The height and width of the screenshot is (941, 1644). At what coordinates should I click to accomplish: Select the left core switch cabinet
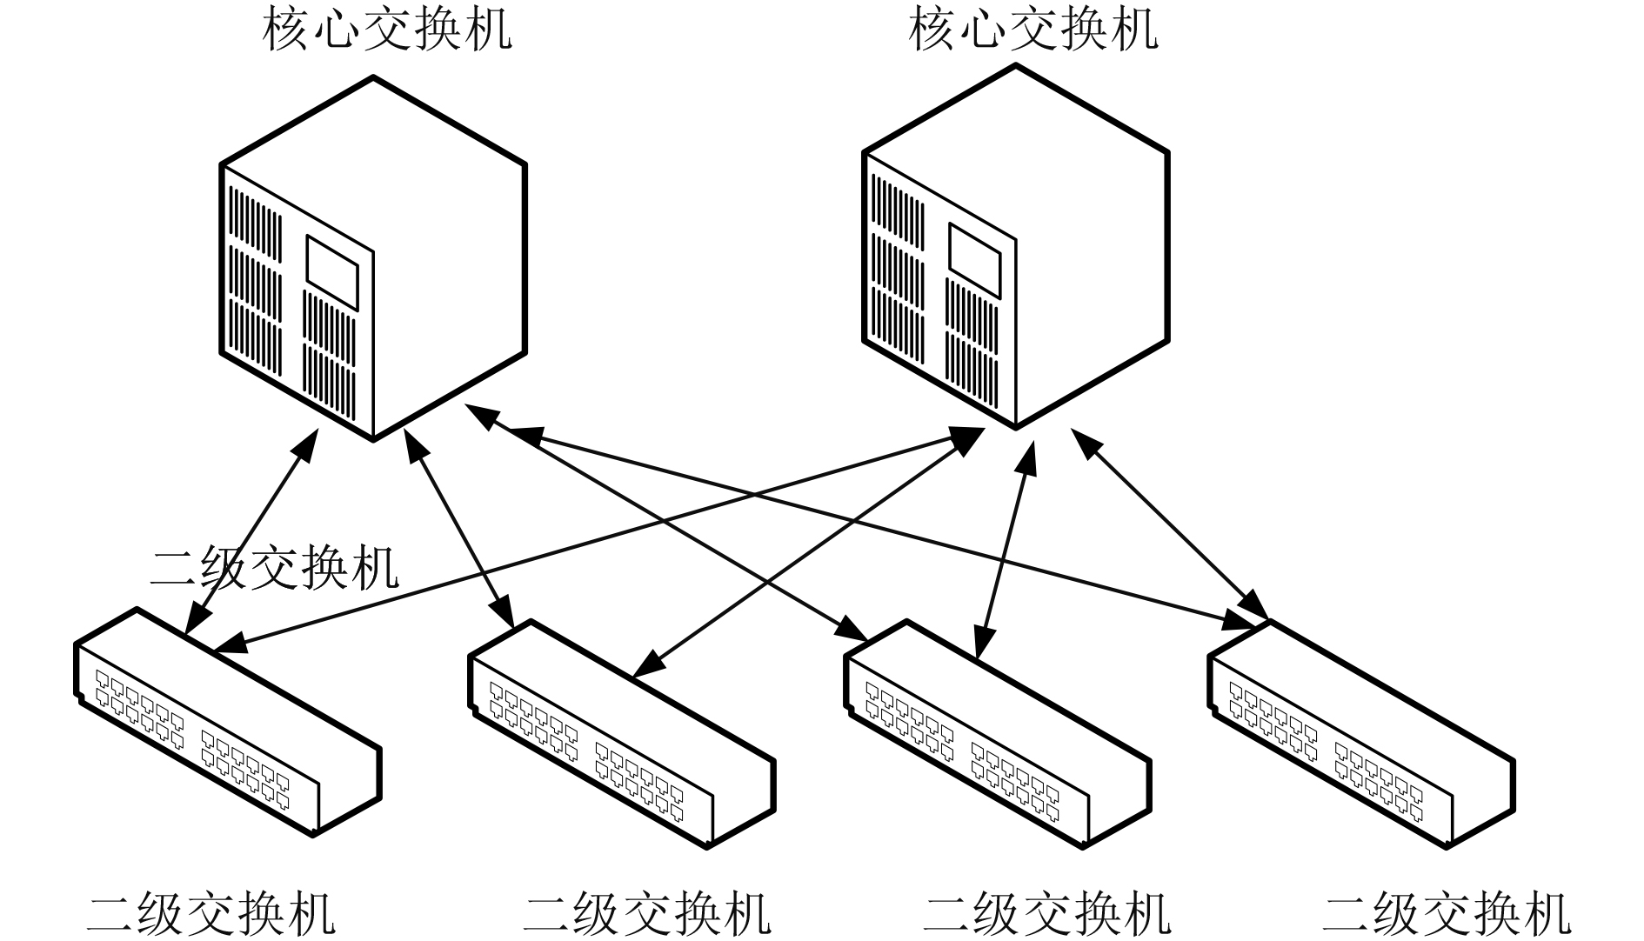[373, 258]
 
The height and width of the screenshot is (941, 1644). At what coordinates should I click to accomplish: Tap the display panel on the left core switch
[332, 271]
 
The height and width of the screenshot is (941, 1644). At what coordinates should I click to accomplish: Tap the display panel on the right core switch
[975, 260]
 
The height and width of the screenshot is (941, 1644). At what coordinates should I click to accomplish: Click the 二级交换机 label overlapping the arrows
[275, 568]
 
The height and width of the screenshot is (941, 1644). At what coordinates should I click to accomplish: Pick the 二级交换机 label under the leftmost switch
[211, 913]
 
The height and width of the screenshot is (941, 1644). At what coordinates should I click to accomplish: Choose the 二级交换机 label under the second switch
[647, 913]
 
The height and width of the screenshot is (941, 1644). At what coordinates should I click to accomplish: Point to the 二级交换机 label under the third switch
[1047, 913]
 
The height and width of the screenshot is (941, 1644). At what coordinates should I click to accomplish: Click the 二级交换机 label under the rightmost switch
[1447, 913]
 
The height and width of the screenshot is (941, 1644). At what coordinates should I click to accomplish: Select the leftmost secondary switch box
[228, 722]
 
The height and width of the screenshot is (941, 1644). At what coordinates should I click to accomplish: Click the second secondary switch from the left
[622, 734]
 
